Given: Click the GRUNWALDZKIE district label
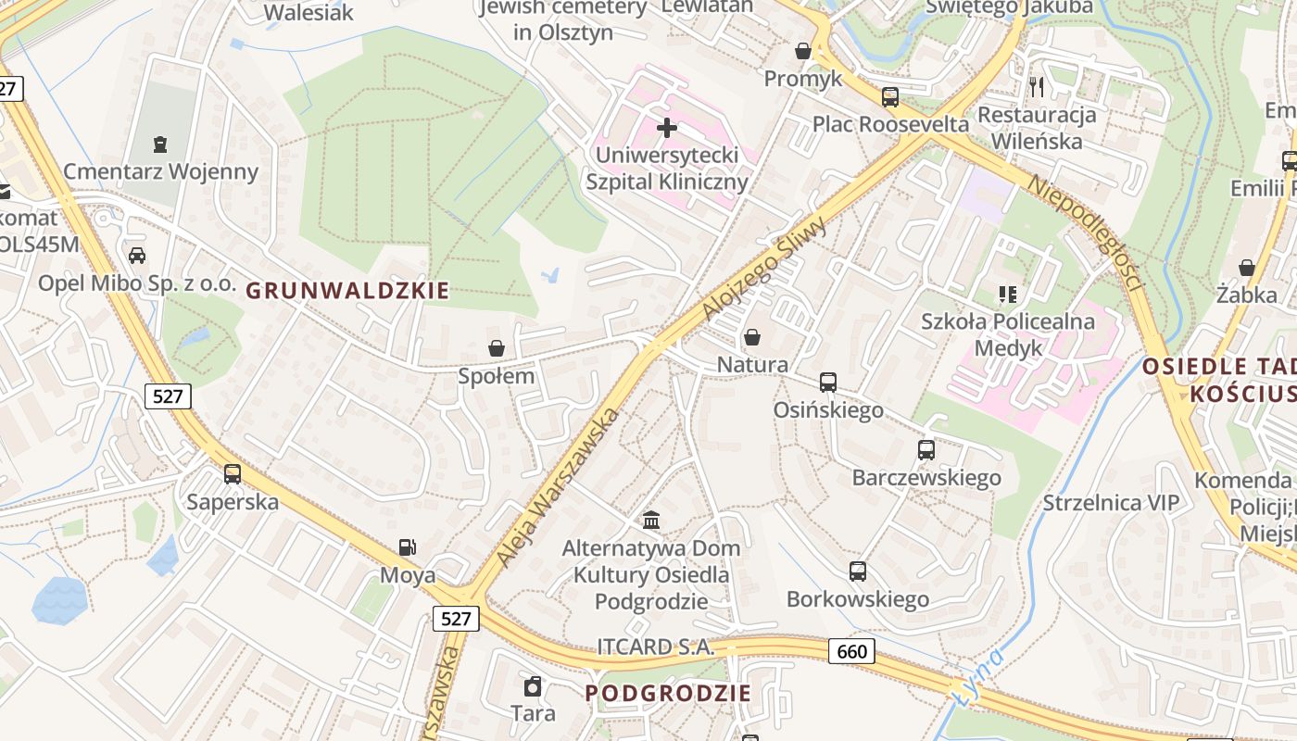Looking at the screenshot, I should (x=347, y=291).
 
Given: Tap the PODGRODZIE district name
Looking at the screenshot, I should (x=668, y=693).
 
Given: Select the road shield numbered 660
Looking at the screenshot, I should (x=851, y=651).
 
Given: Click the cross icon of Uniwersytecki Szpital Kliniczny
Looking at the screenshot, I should (x=666, y=127).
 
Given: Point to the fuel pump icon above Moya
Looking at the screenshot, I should (x=407, y=548).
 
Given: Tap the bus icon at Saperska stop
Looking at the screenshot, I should (x=233, y=474).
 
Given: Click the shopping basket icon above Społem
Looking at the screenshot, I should (x=497, y=348).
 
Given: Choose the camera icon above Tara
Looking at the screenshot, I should (x=533, y=686).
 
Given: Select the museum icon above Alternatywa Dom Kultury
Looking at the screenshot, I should (x=650, y=520).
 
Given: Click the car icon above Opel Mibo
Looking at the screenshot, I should (x=137, y=255).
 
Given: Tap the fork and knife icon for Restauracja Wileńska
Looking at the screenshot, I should (x=1037, y=87).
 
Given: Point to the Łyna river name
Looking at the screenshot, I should (x=980, y=676).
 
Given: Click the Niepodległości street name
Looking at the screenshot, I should (x=1084, y=232).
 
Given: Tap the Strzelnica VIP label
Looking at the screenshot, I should (x=1111, y=503).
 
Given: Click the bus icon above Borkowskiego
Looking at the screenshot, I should (x=858, y=571).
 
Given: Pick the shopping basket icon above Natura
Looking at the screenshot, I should (x=752, y=337).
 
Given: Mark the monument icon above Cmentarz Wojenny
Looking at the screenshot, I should (x=160, y=144).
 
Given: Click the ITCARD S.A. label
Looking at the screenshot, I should (x=655, y=647).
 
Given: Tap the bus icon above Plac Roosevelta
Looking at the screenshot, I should (x=890, y=96).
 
